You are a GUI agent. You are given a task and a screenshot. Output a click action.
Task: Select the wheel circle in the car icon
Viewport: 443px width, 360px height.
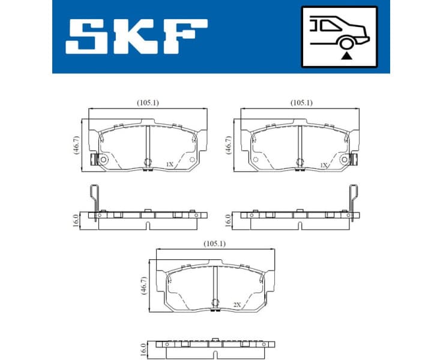tap(346, 43)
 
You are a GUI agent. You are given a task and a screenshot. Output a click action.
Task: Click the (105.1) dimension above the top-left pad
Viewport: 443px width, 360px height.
tap(148, 103)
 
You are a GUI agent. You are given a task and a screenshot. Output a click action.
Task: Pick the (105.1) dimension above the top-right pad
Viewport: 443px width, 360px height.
tap(301, 103)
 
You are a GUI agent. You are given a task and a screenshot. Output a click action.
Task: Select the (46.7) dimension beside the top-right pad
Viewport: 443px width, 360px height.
tap(228, 145)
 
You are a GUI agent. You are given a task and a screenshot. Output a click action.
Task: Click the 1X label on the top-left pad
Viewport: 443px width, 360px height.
tap(170, 164)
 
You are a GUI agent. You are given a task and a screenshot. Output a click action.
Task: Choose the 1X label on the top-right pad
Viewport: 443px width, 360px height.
tap(324, 164)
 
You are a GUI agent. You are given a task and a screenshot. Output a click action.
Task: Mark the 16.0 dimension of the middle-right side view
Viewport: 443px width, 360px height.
tap(228, 219)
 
